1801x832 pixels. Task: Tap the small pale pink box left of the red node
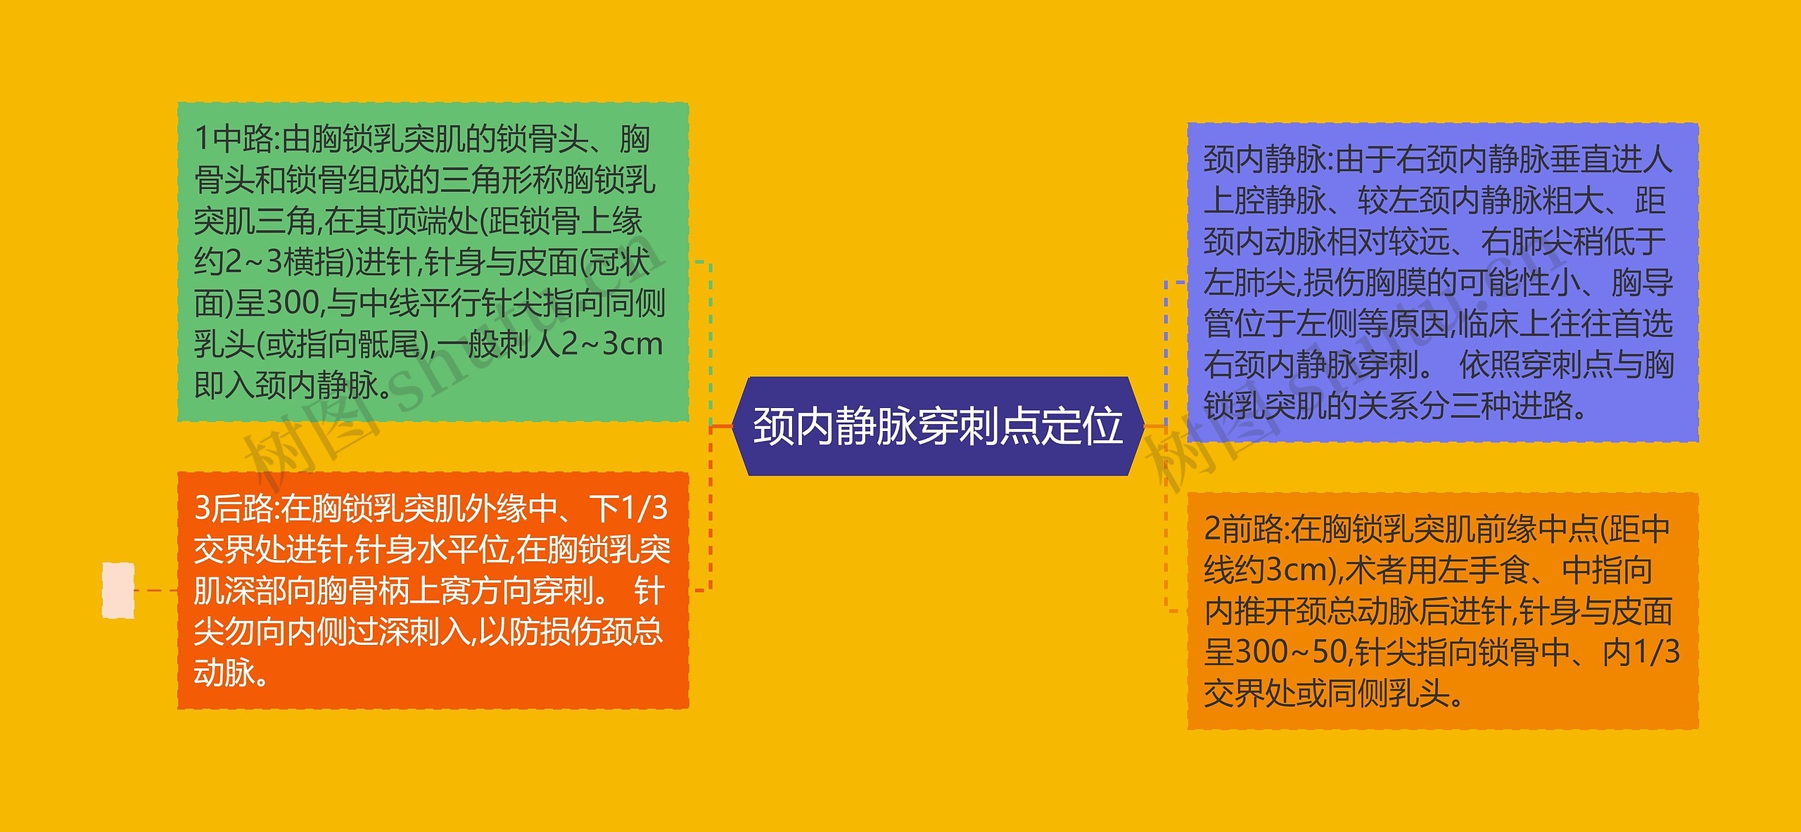click(118, 591)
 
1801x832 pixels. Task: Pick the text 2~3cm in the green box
click(612, 345)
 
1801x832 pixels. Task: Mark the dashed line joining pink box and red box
click(155, 591)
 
